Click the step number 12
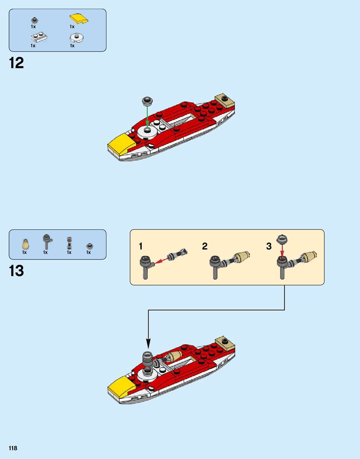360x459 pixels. (x=16, y=63)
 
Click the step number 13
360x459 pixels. (x=16, y=271)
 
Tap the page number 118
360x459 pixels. (x=13, y=448)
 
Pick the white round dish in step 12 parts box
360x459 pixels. (x=76, y=38)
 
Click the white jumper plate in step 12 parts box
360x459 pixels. (x=39, y=37)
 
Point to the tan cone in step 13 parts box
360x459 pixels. (x=25, y=245)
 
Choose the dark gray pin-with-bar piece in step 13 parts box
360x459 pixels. (x=47, y=242)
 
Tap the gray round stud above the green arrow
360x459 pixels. (x=147, y=101)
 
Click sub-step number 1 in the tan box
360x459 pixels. (x=141, y=246)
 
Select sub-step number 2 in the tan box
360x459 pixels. (x=205, y=246)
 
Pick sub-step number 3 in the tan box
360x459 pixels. (x=269, y=246)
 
